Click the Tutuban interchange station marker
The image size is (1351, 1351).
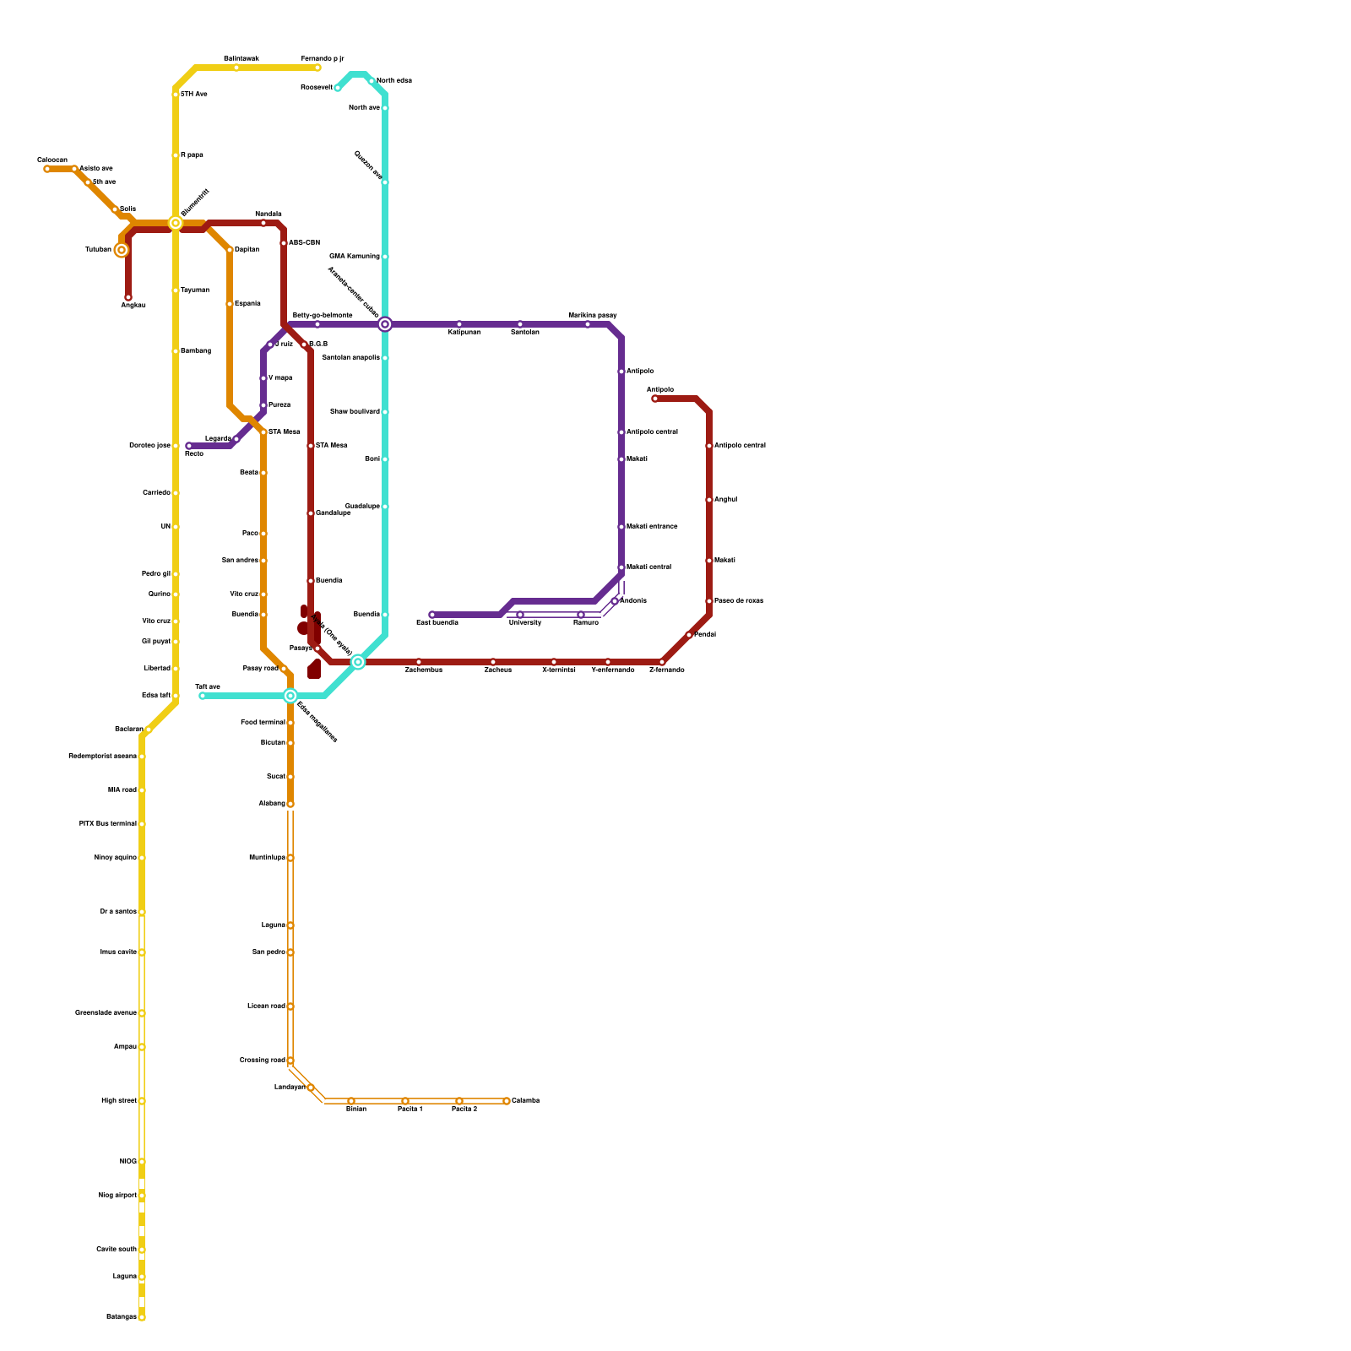point(122,250)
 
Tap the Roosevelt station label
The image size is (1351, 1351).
point(317,88)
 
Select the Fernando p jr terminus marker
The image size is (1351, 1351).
point(317,68)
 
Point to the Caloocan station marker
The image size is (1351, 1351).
point(47,169)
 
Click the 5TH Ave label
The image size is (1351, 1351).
point(194,95)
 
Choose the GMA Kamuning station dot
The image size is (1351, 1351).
point(385,257)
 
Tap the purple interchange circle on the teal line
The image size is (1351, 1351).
point(385,324)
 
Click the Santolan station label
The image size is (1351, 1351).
point(524,333)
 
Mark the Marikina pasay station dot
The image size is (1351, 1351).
point(588,324)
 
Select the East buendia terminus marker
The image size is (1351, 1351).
point(432,615)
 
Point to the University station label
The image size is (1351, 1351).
point(524,623)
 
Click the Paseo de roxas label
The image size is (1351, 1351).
point(739,601)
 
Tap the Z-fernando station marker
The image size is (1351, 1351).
point(662,662)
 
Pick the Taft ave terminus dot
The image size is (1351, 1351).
point(203,696)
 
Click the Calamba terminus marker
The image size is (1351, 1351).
point(507,1101)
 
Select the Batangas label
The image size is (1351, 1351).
point(121,1317)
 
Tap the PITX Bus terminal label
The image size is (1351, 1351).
point(107,824)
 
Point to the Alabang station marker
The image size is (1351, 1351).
point(290,804)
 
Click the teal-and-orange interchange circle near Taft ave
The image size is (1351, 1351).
point(290,696)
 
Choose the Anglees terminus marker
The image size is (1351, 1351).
point(128,297)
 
